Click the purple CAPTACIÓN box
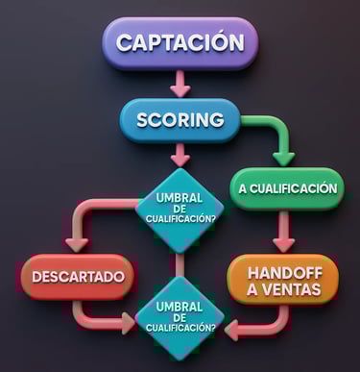click(180, 43)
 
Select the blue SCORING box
click(180, 120)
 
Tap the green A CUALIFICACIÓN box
click(287, 188)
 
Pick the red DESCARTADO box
click(78, 277)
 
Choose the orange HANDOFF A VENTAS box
click(282, 278)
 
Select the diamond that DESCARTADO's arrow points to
click(180, 316)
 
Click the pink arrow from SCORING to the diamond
click(180, 153)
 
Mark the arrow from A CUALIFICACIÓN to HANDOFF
click(283, 232)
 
